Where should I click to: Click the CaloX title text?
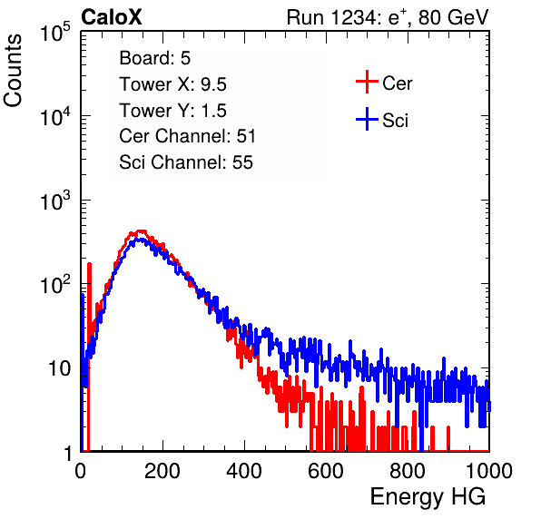coord(112,17)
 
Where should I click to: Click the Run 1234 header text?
coord(388,17)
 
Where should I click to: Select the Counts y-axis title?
coord(13,71)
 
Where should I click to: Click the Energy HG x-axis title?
coord(428,496)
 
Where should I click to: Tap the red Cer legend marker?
coord(367,82)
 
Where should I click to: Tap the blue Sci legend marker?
coord(367,119)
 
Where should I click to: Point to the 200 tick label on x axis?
coord(162,471)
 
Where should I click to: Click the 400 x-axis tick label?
coord(244,471)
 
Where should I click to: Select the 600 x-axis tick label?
coord(326,471)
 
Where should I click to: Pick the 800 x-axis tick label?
coord(408,471)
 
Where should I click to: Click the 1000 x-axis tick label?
coord(489,471)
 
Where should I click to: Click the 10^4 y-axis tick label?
coord(55,116)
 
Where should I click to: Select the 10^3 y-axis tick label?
coord(55,201)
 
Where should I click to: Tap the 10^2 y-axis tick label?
coord(55,285)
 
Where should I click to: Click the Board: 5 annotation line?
coord(155,58)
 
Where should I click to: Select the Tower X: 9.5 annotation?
coord(172,84)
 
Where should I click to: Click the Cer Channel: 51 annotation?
coord(187,136)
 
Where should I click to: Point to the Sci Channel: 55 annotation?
coord(186,162)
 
